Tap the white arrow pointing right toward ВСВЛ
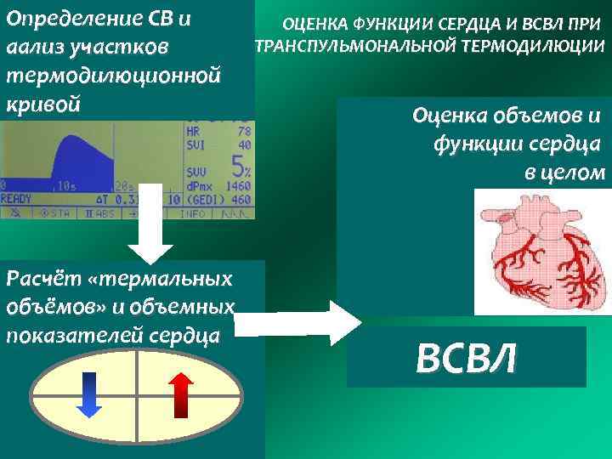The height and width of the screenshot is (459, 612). click(297, 323)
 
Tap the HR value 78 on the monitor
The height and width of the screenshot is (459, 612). click(244, 132)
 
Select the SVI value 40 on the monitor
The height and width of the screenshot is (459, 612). click(244, 145)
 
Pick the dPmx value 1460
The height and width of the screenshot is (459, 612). click(240, 184)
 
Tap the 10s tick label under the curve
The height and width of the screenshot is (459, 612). click(65, 184)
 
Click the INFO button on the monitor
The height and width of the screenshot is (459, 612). click(202, 213)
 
